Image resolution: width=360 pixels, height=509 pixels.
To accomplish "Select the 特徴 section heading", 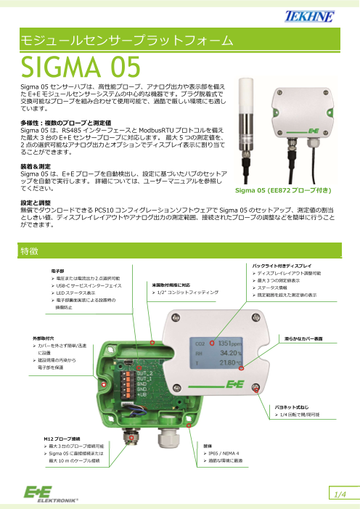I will [x=30, y=250].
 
